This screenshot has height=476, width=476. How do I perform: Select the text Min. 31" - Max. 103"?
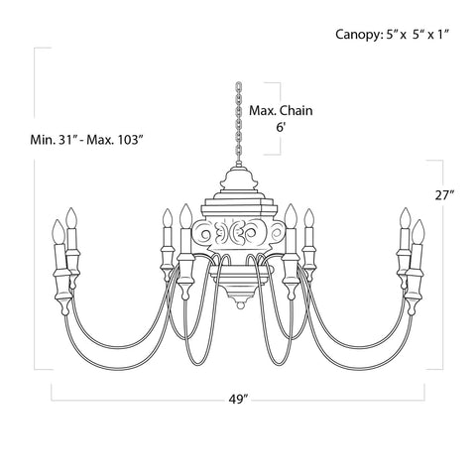(x=87, y=138)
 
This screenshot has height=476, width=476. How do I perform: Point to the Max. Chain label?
(x=281, y=111)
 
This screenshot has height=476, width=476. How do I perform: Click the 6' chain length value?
(x=282, y=128)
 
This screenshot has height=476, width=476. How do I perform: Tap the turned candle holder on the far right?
(x=416, y=283)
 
